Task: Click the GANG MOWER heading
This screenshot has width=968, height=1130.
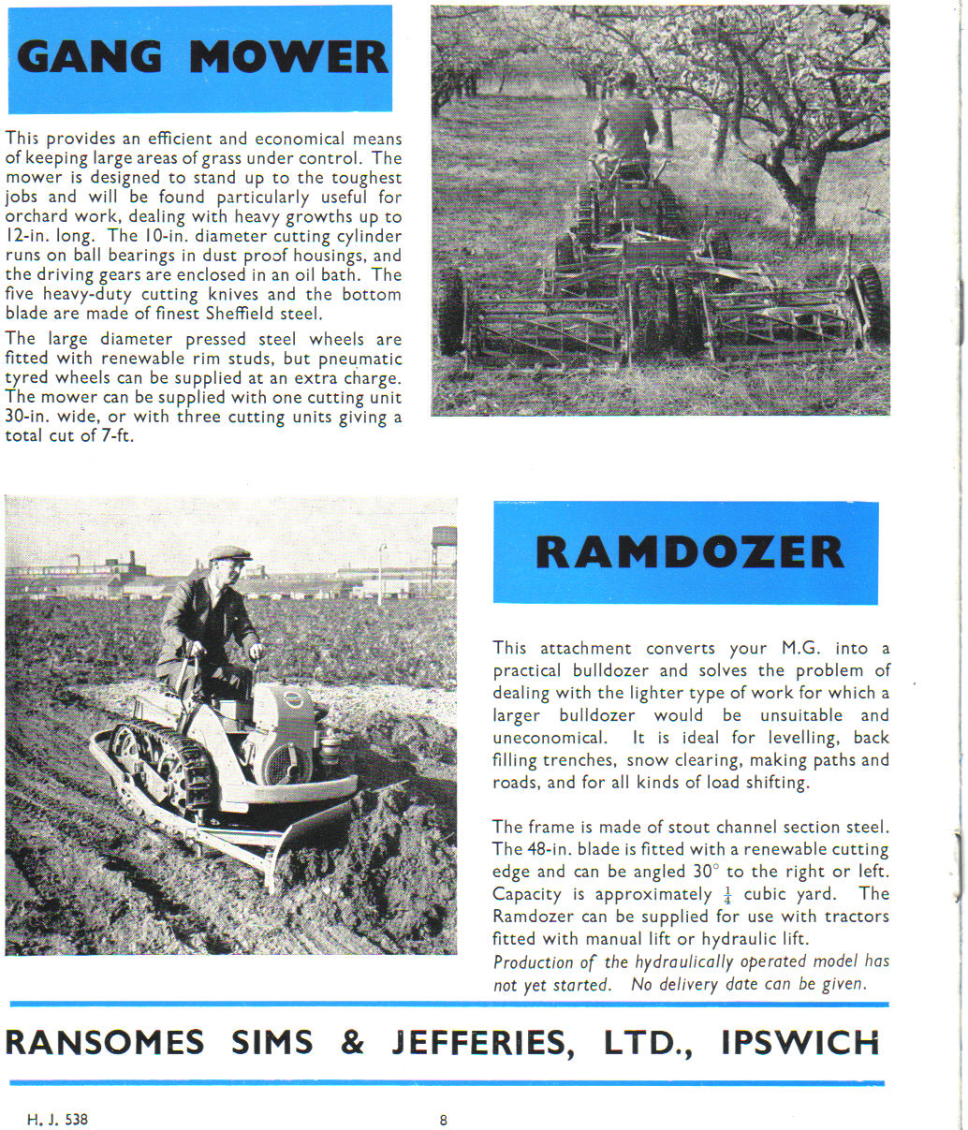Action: [201, 58]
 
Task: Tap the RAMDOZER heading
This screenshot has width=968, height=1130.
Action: [688, 552]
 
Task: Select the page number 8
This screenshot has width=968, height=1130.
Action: [444, 1119]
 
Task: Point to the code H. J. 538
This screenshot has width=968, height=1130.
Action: [58, 1119]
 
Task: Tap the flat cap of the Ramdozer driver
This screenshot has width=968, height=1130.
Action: [229, 553]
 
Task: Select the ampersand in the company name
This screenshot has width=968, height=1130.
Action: [352, 1043]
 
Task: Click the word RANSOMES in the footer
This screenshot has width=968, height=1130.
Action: [105, 1043]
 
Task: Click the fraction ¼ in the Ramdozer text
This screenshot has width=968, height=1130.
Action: [726, 895]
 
